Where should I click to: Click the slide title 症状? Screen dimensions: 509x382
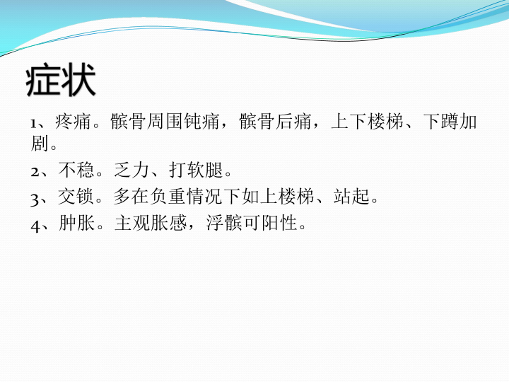61,79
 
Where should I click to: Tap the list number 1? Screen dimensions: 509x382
34,124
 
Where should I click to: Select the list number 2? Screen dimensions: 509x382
35,172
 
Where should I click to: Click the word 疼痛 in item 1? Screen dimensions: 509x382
73,121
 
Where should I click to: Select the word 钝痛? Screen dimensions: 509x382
201,121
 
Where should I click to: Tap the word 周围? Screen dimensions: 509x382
165,121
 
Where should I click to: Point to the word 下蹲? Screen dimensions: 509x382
441,121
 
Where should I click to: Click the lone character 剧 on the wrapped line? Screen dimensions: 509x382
40,143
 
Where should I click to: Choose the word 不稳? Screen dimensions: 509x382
76,170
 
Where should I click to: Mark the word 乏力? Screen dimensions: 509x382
131,170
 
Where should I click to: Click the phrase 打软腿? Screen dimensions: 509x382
196,170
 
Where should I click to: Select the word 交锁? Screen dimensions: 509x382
76,197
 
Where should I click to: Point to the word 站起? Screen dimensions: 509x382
351,197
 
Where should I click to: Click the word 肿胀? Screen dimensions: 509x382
76,223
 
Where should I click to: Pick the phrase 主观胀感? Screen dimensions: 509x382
151,223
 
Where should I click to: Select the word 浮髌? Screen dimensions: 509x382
224,223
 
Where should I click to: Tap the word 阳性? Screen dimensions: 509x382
279,223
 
